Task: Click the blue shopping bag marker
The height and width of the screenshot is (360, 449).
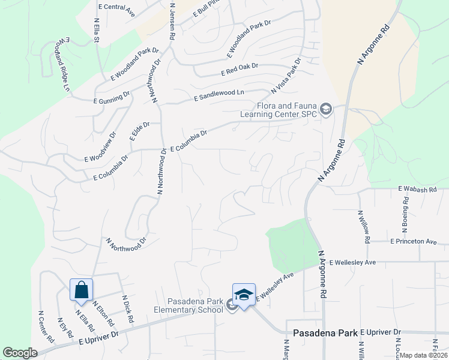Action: (81, 291)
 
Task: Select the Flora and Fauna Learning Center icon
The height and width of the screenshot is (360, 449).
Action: (326, 109)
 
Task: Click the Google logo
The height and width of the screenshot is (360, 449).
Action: (20, 353)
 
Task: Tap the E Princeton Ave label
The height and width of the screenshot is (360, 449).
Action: (414, 241)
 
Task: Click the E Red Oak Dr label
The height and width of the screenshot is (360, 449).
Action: (240, 69)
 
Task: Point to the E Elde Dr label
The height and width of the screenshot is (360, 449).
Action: (139, 131)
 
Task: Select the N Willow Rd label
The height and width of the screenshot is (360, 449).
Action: (363, 226)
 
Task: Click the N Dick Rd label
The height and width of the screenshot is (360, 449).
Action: (127, 309)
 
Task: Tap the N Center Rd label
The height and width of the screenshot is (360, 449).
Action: (46, 326)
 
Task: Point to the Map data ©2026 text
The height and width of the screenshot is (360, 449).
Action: (424, 355)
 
